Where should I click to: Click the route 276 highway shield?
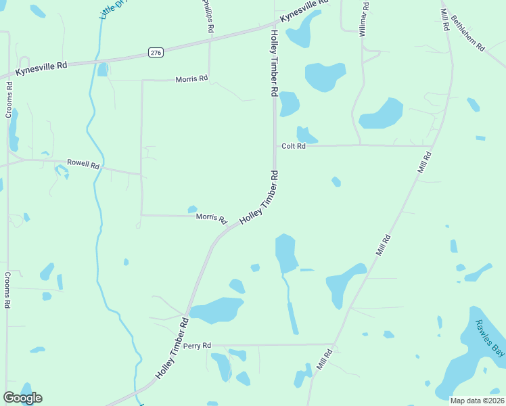coord(156,52)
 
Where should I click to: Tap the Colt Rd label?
coord(294,146)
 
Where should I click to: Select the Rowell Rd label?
coord(83,164)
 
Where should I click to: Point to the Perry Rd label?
coord(198,345)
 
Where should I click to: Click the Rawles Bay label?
coord(489,338)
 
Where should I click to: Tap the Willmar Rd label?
coord(364,18)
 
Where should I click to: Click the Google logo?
coord(22,398)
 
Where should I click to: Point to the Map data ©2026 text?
coord(477,400)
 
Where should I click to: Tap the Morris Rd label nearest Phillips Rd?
coord(191,79)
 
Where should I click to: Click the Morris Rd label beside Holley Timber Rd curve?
coord(211,218)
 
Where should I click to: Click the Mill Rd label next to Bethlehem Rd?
coord(444,16)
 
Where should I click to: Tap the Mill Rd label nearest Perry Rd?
coord(325,358)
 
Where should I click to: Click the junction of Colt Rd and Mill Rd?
coord(432,145)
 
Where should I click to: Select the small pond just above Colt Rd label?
coord(306,135)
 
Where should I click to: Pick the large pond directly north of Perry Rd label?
coord(216,310)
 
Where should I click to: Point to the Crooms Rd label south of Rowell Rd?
coord(7,290)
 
